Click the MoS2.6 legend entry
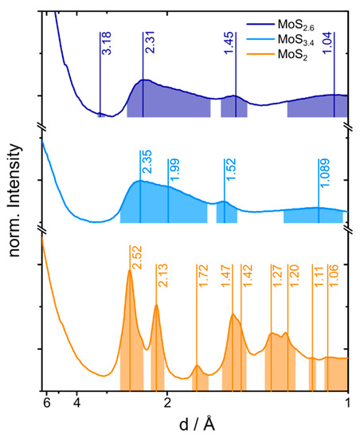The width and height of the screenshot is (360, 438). click(317, 14)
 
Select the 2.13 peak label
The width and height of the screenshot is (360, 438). click(162, 275)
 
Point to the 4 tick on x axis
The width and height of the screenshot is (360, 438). click(76, 403)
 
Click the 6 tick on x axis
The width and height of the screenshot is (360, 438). click(46, 403)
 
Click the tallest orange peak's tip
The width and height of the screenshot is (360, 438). click(129, 271)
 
